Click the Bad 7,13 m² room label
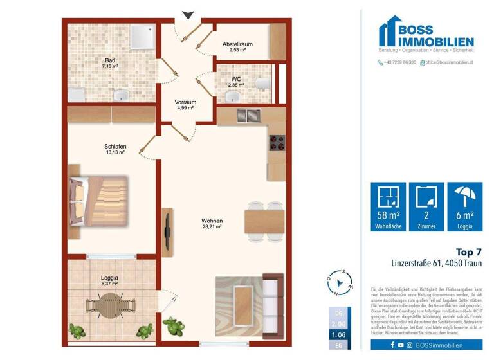tap(111, 62)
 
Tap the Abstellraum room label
tap(236, 48)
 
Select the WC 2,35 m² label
tap(236, 82)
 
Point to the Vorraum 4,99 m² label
tap(185, 105)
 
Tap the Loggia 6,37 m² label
tap(110, 281)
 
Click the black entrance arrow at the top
tap(187, 14)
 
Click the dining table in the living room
tap(264, 221)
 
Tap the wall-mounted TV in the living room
tap(169, 230)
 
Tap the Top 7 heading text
tap(468, 251)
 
